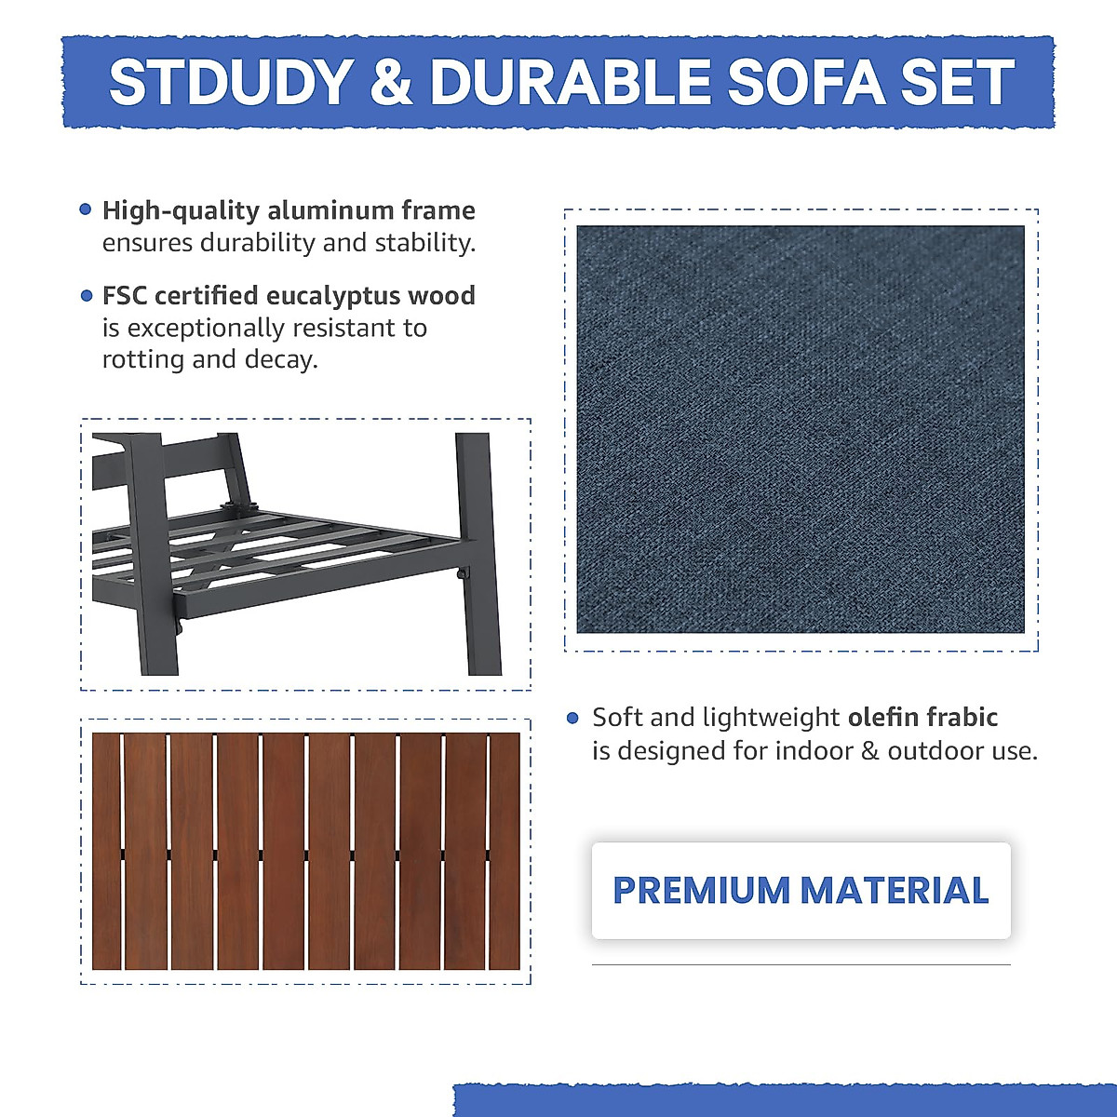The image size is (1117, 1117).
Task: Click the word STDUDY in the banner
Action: coord(229,82)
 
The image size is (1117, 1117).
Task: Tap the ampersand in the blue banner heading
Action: coord(391,82)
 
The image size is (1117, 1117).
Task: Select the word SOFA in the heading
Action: coord(806,82)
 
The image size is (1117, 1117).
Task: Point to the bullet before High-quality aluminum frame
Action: coord(86,210)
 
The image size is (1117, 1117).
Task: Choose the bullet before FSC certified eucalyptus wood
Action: coord(86,296)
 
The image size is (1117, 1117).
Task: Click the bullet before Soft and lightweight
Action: coord(572,718)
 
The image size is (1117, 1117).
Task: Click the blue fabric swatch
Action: coord(801,429)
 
